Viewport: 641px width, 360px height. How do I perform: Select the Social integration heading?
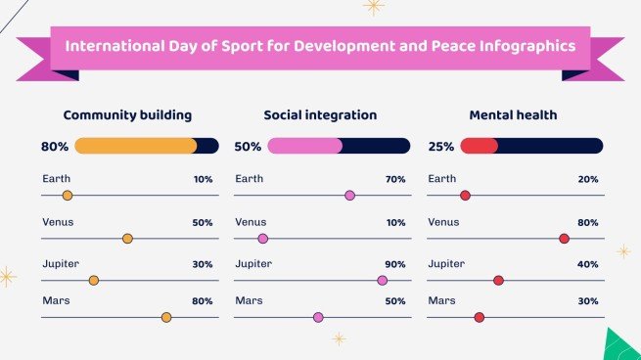coord(320,114)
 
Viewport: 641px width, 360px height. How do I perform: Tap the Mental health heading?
coord(513,114)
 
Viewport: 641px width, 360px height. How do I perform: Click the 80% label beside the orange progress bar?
coord(55,147)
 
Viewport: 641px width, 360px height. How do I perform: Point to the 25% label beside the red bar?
coord(441,147)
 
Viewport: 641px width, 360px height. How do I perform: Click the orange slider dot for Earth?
coord(68,196)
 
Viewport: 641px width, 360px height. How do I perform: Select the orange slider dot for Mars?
coord(166,317)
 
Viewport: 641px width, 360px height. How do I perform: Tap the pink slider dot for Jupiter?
coord(382,281)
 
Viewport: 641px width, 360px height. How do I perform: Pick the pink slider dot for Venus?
coord(262,239)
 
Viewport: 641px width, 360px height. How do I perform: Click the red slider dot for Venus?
coord(564,239)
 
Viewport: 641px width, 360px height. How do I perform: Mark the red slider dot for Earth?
coord(465,196)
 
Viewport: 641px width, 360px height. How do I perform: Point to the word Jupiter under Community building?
coord(61,264)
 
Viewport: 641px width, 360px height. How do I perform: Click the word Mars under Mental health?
coord(441,300)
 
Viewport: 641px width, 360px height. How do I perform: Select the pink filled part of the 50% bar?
coord(303,146)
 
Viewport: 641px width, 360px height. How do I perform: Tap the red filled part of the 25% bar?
coord(479,146)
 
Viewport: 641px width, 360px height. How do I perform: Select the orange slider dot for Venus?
coord(127,239)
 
